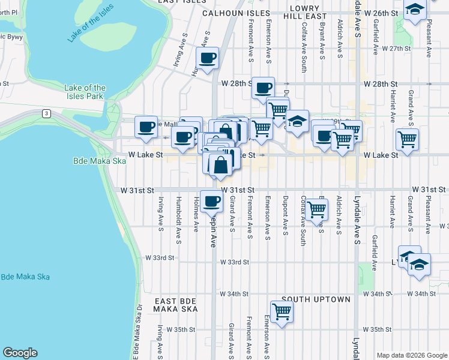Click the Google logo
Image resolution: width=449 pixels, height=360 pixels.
click(20, 353)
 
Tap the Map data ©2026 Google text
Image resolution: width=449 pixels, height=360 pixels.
click(411, 355)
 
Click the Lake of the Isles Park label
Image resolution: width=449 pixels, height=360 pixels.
click(84, 92)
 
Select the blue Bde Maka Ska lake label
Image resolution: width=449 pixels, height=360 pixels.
click(25, 277)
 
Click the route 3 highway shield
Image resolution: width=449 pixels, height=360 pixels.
click(46, 112)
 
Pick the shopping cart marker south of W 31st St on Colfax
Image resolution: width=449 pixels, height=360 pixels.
click(316, 209)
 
